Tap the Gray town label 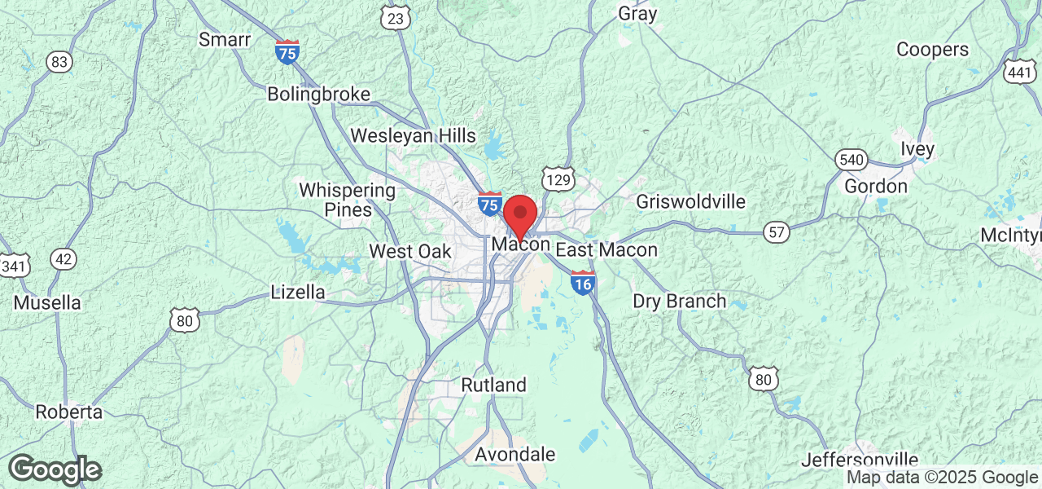point(637,13)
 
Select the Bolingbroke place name point(318,95)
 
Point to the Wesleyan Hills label point(413,135)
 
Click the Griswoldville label point(690,201)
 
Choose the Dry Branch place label point(679,301)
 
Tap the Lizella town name point(297,292)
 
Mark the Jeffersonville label point(860,460)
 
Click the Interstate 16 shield point(582,282)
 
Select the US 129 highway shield point(558,180)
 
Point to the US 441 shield point(1019,71)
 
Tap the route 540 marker point(851,160)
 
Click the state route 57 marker point(777,233)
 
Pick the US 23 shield point(396,18)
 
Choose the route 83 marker point(59,62)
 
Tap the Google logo point(55,470)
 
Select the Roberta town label point(69,412)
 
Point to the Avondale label point(514,454)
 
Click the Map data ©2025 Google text point(942,478)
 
